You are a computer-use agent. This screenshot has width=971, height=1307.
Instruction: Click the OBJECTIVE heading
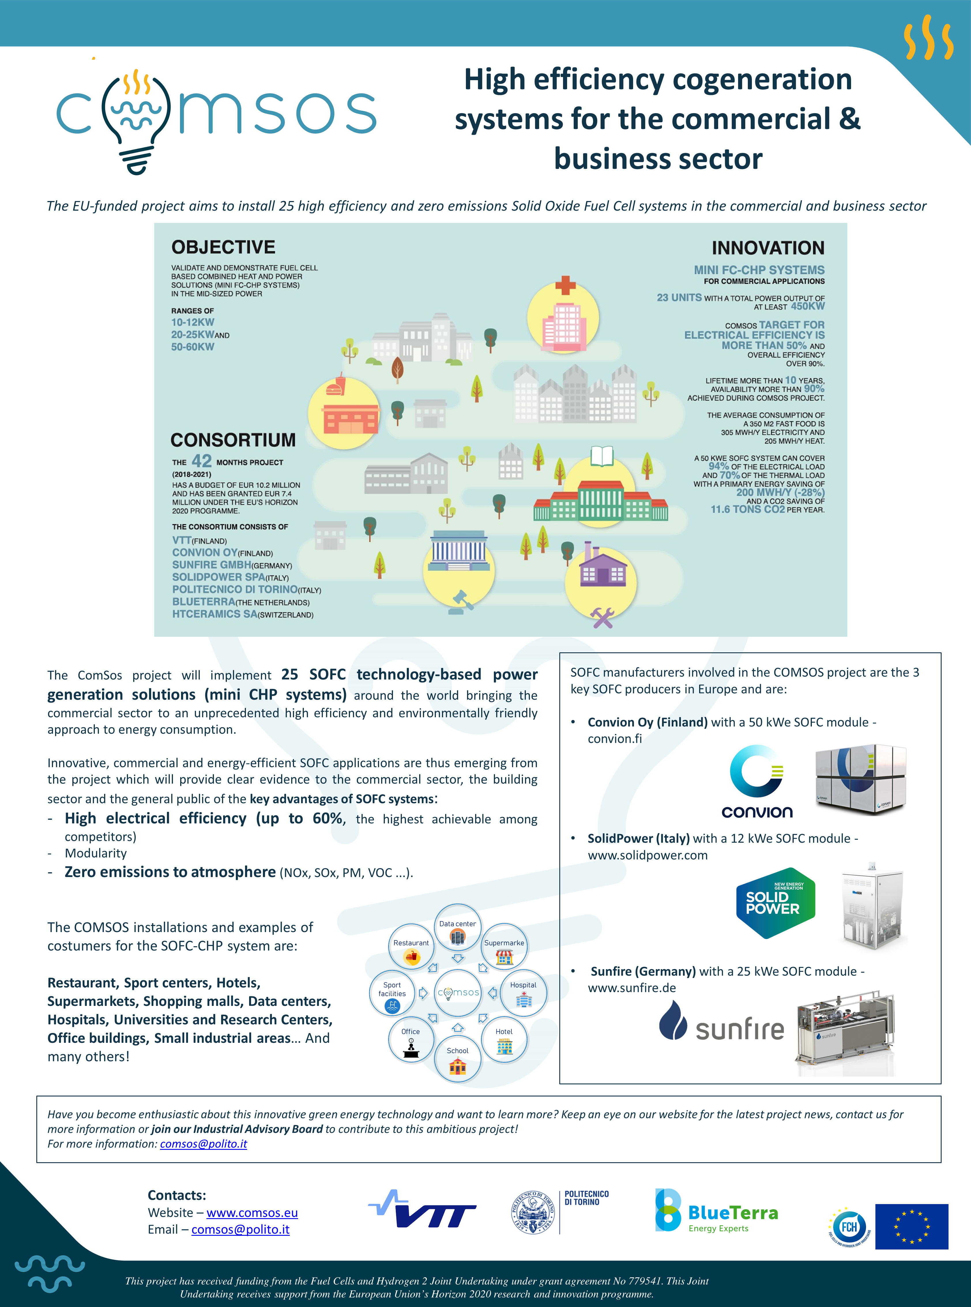tap(223, 247)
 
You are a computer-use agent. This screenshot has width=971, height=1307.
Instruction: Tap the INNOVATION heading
tap(768, 248)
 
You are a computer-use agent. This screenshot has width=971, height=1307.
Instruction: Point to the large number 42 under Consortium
tap(202, 461)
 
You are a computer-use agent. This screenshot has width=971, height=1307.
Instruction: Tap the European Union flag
tap(912, 1227)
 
